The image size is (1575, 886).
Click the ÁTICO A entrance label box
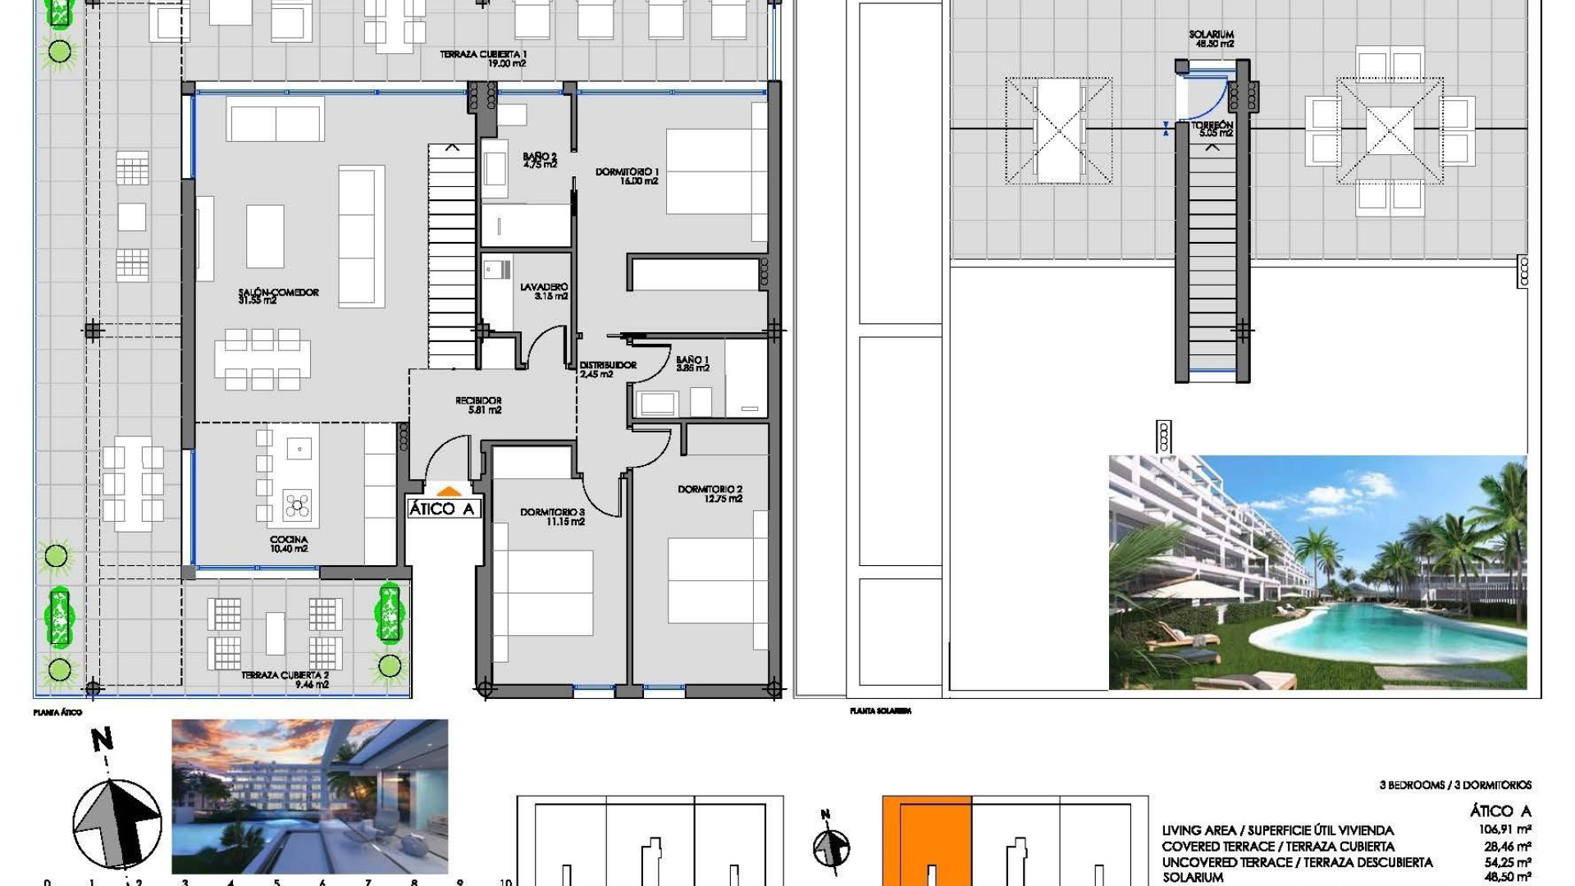(x=441, y=509)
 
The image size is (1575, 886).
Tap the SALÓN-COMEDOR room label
(x=278, y=296)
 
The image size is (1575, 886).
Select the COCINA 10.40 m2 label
(x=289, y=544)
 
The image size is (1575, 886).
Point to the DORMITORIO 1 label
(x=627, y=176)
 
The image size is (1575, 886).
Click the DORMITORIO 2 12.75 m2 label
(x=710, y=494)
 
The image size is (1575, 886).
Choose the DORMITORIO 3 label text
(x=552, y=516)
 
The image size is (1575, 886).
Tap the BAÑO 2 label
(x=540, y=160)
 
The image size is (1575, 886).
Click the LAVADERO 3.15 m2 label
(x=544, y=291)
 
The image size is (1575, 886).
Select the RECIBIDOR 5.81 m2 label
(x=478, y=405)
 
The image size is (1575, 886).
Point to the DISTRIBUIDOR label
(x=608, y=369)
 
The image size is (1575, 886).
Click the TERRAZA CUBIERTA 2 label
(x=285, y=679)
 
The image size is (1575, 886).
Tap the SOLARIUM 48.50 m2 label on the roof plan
(x=1211, y=39)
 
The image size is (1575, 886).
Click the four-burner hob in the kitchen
(x=297, y=506)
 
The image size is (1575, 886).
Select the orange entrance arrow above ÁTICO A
(x=449, y=491)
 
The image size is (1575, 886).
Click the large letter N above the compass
(x=102, y=740)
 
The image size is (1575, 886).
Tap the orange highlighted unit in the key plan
(x=927, y=837)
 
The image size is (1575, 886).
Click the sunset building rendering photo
(x=309, y=796)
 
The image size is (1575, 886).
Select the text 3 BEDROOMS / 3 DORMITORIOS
(x=1454, y=785)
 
